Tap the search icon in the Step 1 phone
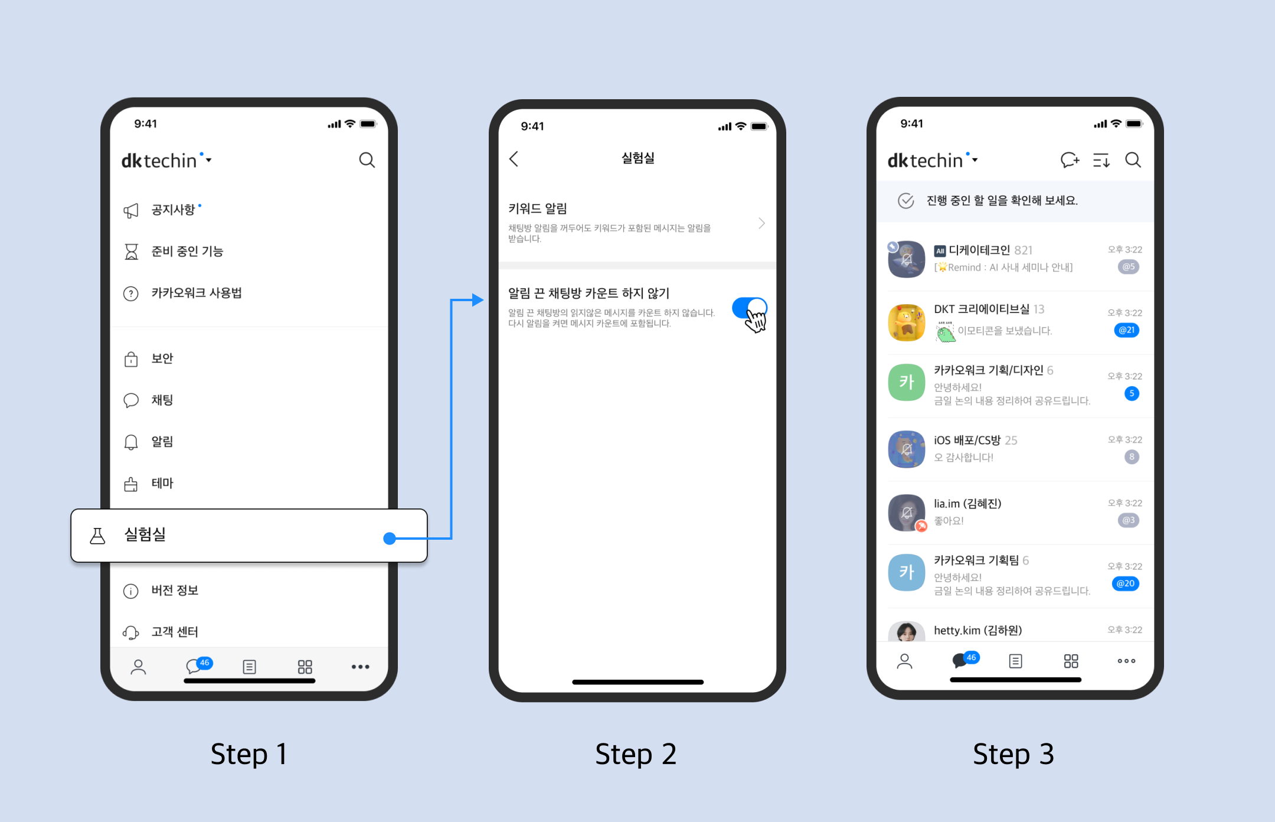(367, 160)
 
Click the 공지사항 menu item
(173, 210)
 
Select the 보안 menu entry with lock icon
(162, 358)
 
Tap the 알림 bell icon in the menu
(131, 442)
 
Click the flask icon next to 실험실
(97, 536)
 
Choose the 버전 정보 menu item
(175, 591)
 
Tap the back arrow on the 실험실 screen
(514, 158)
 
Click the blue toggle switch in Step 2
(749, 308)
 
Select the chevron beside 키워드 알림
(761, 223)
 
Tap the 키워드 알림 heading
(537, 208)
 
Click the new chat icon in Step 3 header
(1070, 160)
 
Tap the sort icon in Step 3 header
(1101, 160)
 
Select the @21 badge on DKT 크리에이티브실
(1127, 330)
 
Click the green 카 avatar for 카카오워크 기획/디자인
(906, 382)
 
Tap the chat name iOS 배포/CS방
(967, 441)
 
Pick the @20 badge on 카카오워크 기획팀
(1126, 583)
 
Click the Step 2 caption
(636, 754)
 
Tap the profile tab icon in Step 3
(904, 661)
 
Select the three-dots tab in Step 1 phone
(360, 667)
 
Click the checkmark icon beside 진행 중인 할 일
(905, 201)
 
